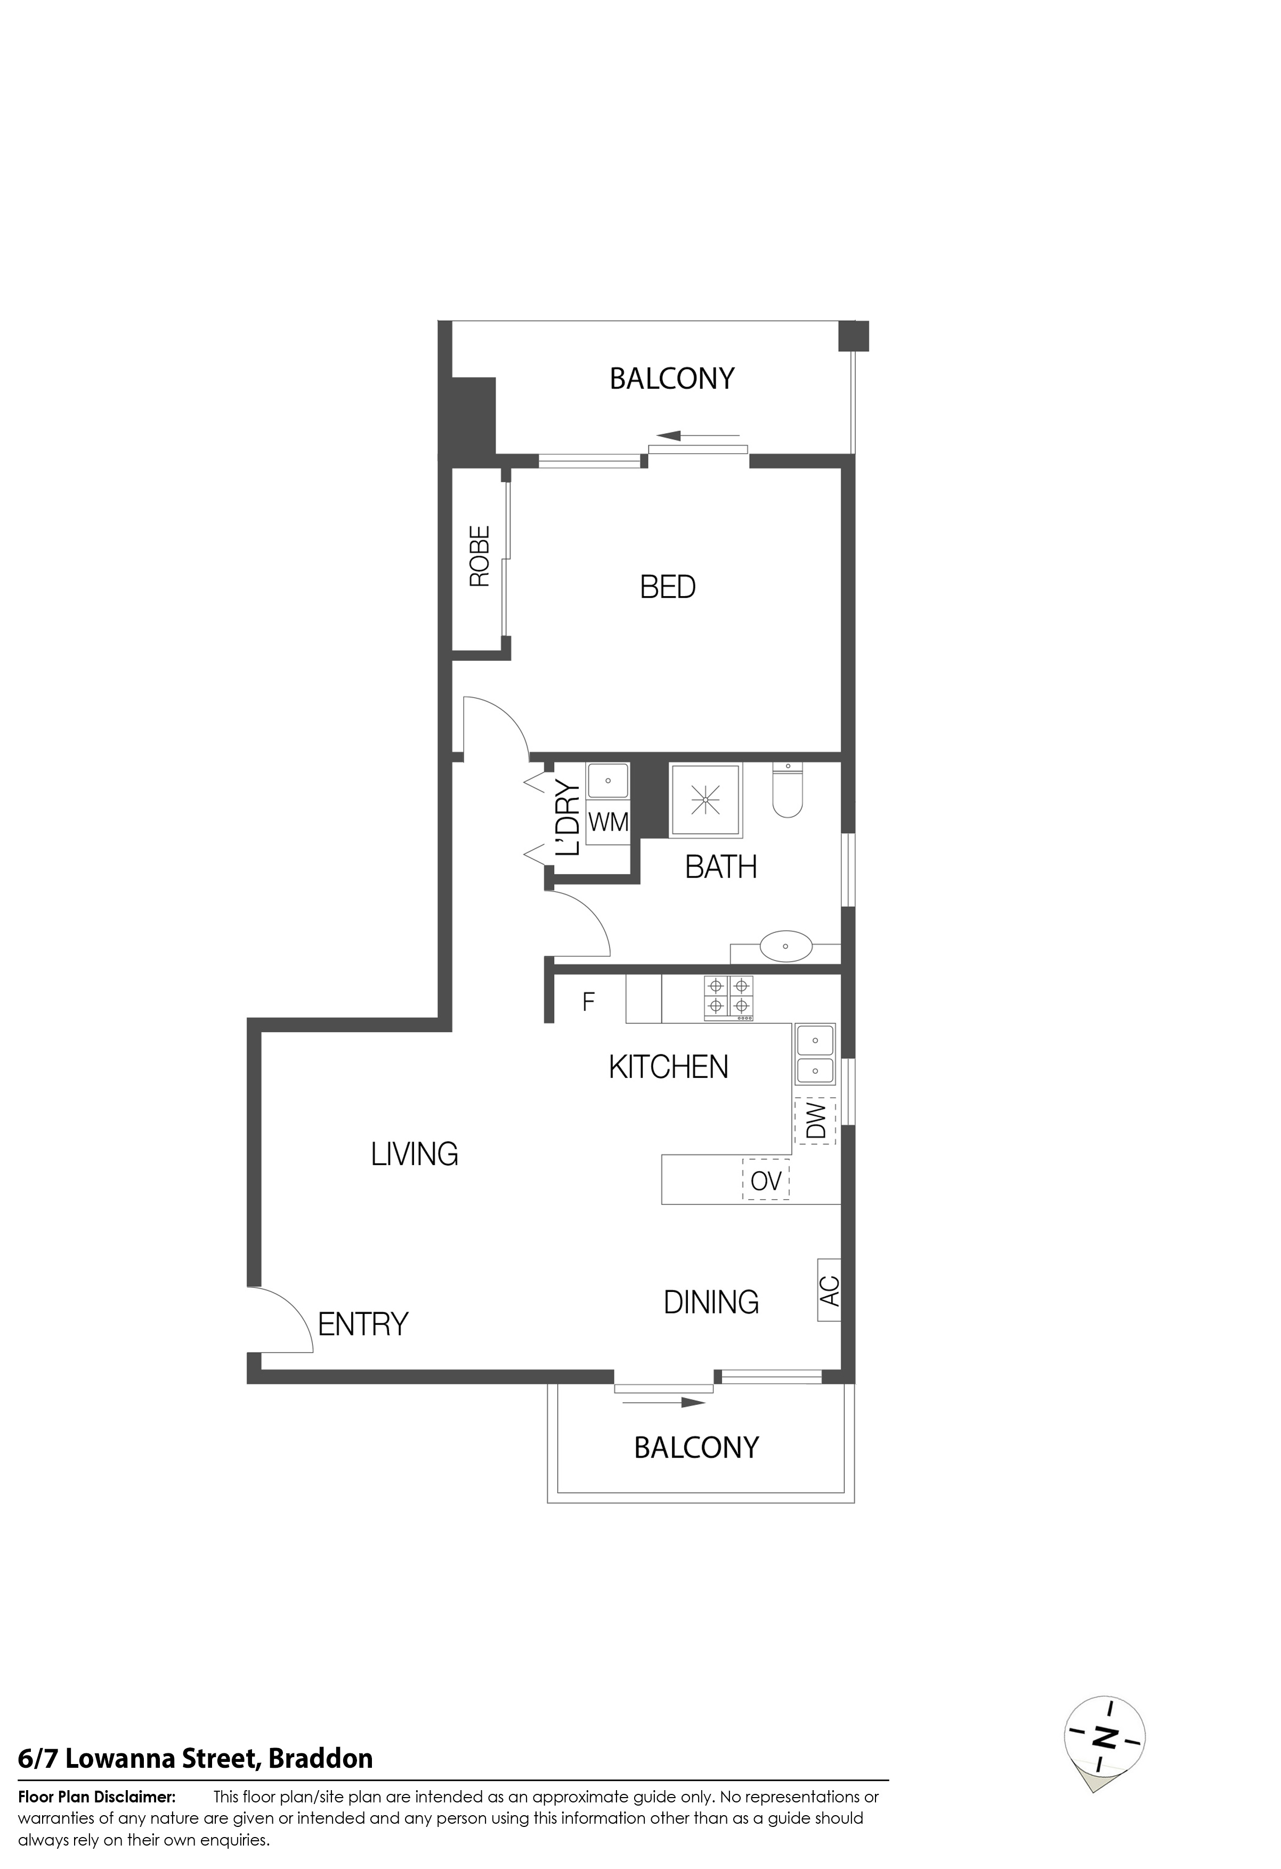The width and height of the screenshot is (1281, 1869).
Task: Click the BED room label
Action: (668, 587)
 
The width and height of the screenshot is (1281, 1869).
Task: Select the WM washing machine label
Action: (609, 822)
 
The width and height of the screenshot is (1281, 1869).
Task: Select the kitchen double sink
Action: (815, 1054)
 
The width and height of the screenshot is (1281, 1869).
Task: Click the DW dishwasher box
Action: (815, 1120)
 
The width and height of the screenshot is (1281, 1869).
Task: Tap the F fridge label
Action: (589, 1002)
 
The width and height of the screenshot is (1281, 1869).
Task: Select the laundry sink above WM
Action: (608, 780)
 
